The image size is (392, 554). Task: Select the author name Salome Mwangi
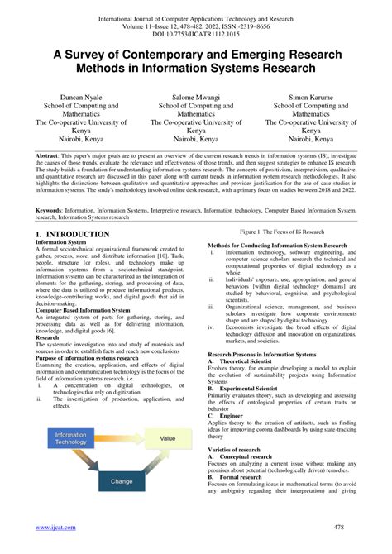(196, 96)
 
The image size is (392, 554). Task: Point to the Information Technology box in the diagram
(71, 438)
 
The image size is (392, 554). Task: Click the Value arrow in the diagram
(168, 439)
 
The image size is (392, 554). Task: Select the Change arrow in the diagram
(121, 480)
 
